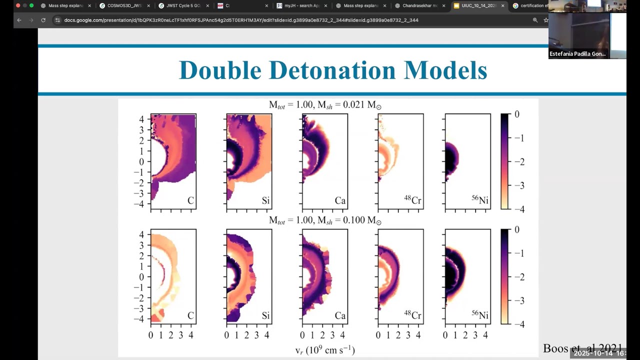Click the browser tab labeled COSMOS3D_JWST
click(x=124, y=5)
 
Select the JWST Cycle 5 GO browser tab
click(x=183, y=5)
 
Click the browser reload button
click(x=43, y=20)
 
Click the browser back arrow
click(x=19, y=20)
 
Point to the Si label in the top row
click(x=265, y=201)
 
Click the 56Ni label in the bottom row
click(x=480, y=315)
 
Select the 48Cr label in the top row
click(x=412, y=201)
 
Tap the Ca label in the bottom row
click(x=340, y=316)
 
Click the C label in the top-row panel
click(x=190, y=201)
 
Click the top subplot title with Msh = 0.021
click(x=325, y=105)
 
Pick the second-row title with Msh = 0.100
click(x=325, y=220)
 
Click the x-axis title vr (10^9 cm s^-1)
click(x=325, y=350)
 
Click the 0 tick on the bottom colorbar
click(x=517, y=229)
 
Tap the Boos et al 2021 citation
click(x=582, y=348)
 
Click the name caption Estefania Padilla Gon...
click(x=577, y=53)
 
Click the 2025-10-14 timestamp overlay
click(x=599, y=353)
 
